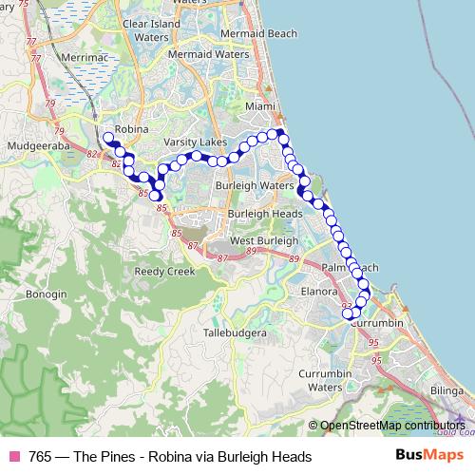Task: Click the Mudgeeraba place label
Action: (34, 146)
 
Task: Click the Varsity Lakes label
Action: (196, 142)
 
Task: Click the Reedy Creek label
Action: (164, 271)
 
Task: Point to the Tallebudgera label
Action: (235, 332)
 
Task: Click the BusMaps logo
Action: (423, 456)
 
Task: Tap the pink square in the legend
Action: (14, 457)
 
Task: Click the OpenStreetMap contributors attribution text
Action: (391, 426)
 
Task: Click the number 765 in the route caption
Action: (41, 457)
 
